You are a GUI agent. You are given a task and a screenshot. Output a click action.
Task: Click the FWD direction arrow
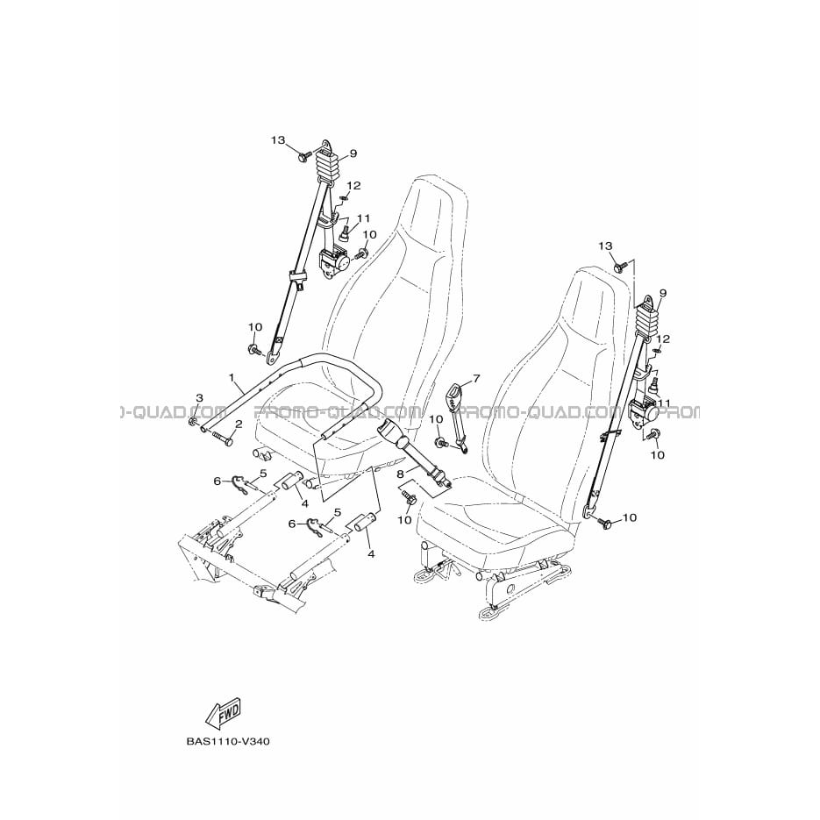224,712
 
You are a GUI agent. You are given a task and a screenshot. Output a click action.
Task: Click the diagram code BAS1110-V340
228,742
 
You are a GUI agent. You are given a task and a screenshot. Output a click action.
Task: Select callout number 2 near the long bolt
238,424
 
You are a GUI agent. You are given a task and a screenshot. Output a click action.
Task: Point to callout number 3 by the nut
199,398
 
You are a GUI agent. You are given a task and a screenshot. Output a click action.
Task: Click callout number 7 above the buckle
475,378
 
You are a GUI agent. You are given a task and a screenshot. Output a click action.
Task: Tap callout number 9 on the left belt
353,153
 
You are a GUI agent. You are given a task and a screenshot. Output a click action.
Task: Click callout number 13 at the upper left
278,140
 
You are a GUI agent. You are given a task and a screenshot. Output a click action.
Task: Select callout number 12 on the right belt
663,339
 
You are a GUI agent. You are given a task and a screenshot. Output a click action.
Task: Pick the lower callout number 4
371,553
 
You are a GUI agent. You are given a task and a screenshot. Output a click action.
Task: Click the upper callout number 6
217,481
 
